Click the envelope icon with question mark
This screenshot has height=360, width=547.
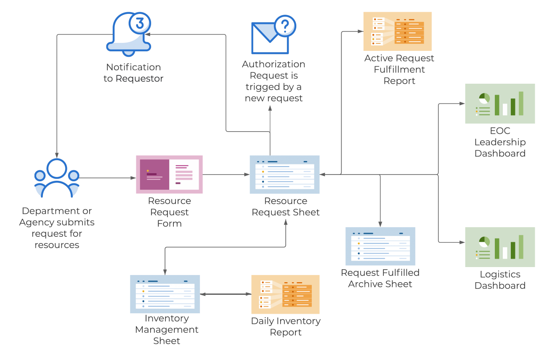(270, 37)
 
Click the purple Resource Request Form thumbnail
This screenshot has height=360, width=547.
(169, 175)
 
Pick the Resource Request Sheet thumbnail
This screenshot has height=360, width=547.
(284, 175)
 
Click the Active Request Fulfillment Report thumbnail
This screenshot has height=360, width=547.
(397, 31)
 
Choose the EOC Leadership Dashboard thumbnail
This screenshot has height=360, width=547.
(500, 103)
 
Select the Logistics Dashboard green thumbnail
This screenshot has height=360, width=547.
(500, 247)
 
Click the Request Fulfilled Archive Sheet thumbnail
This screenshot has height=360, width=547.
(380, 246)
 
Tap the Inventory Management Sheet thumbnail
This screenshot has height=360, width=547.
(165, 294)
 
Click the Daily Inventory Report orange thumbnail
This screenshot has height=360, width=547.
(285, 294)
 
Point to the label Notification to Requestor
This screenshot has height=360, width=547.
(133, 73)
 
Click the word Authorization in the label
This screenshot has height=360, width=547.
(273, 64)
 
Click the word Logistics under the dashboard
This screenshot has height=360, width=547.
(500, 274)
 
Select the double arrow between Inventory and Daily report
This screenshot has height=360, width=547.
(226, 294)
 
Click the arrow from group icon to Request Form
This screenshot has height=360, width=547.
(108, 178)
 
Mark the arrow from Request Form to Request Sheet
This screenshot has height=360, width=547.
(226, 174)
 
